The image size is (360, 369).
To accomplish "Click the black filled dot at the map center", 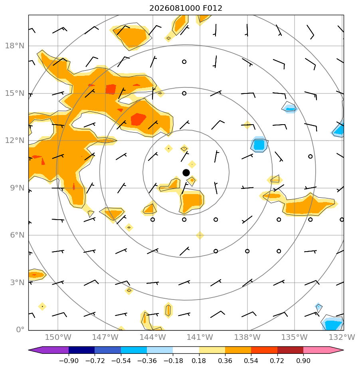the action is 186,173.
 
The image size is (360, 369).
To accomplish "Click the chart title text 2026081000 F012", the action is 186,8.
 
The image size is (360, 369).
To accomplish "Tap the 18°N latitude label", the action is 15,46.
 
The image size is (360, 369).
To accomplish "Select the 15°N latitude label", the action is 15,93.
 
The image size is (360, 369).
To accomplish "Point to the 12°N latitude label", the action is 15,141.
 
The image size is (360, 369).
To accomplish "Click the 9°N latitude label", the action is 17,188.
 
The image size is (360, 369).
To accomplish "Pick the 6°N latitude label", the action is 17,235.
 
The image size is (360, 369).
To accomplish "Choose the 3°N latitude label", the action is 17,282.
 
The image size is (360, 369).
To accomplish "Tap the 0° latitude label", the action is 20,329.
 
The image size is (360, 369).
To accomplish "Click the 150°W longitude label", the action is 58,337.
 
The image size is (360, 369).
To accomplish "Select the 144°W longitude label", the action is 152,337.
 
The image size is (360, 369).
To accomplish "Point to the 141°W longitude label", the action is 200,337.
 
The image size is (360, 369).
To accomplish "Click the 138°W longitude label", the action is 247,337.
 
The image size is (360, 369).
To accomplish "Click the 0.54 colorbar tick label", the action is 251,361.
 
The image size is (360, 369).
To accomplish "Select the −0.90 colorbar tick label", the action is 69,361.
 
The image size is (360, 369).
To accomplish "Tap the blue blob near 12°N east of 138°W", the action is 259,144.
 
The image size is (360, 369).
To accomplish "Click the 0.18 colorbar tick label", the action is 199,361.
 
